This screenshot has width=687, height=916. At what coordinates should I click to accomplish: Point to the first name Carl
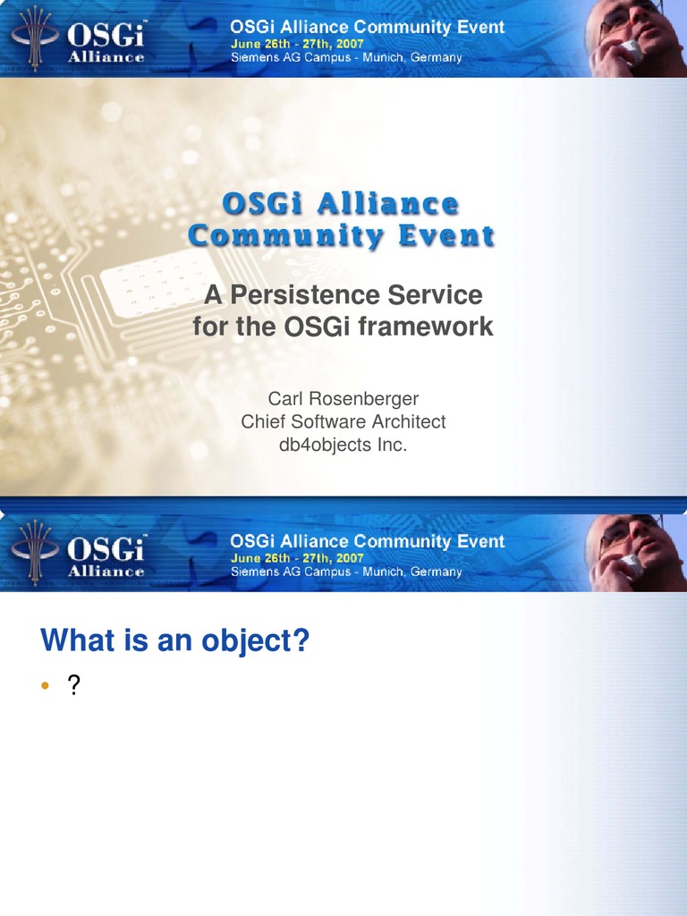coord(285,398)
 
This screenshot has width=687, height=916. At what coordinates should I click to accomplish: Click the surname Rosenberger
coord(363,398)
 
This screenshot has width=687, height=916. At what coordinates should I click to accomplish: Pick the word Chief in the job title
coord(263,421)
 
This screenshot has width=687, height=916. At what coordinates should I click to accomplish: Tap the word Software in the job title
coord(323,421)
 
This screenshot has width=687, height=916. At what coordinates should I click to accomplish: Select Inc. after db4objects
coord(392,445)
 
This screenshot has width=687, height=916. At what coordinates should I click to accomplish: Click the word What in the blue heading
coord(77,640)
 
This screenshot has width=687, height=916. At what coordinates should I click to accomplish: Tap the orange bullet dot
coord(45,686)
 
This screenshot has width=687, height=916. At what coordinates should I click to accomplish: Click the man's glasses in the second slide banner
coord(628,534)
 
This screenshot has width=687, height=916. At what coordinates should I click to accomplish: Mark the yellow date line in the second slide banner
coord(297,558)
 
